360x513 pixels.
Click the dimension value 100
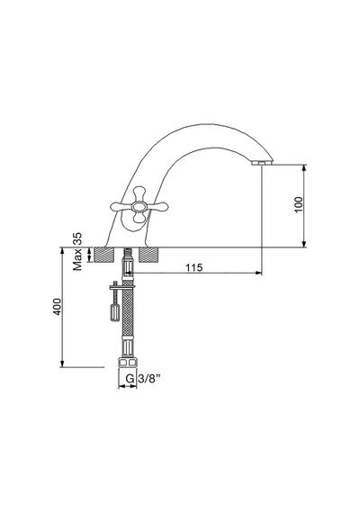[x=299, y=204]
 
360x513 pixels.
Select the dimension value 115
[x=194, y=267]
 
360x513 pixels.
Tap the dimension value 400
[x=58, y=307]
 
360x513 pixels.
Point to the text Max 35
[x=77, y=252]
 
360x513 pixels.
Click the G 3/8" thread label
[x=143, y=379]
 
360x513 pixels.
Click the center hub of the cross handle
[x=139, y=206]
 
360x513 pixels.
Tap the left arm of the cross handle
[x=121, y=206]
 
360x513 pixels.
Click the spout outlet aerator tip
[x=262, y=162]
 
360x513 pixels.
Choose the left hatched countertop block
[x=104, y=255]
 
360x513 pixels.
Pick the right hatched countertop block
[x=148, y=255]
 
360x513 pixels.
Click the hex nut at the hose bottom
[x=128, y=362]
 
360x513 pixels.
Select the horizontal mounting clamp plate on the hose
[x=121, y=286]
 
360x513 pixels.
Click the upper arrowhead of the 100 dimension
[x=304, y=167]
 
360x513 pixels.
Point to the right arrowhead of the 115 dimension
[x=259, y=272]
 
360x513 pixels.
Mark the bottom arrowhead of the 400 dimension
[x=62, y=364]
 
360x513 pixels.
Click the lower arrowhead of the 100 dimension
[x=304, y=244]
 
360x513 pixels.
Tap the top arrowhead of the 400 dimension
[x=62, y=250]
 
